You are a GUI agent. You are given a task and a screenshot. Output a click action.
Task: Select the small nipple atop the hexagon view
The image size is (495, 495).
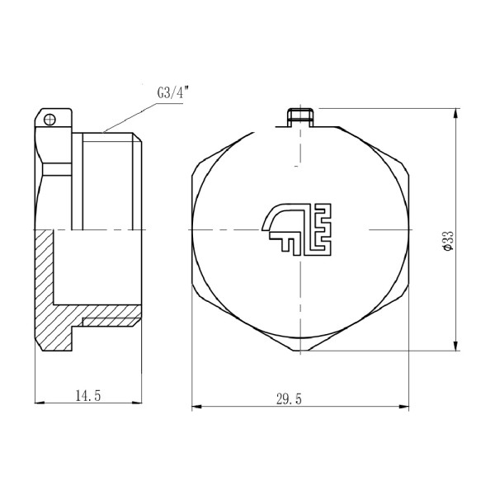tap(299, 116)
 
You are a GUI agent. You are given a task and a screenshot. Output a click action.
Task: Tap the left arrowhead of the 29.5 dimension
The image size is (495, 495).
tap(196, 405)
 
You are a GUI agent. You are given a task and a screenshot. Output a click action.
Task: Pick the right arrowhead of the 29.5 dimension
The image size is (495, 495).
tap(406, 405)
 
